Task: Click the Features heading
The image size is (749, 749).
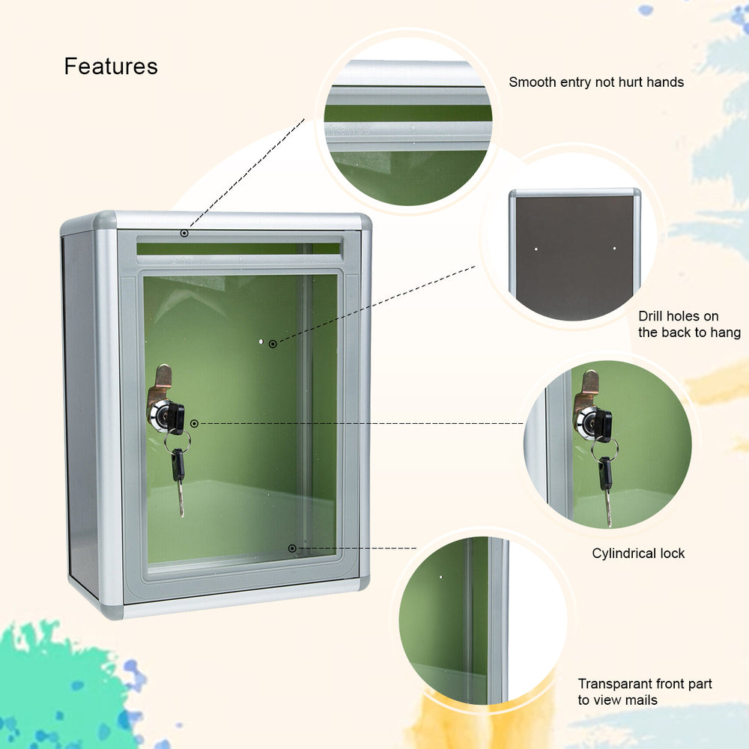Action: (x=111, y=66)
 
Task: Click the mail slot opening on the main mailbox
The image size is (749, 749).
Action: (x=238, y=248)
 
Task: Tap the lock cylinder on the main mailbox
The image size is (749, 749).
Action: (x=163, y=416)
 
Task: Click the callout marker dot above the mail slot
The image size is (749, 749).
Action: (x=184, y=234)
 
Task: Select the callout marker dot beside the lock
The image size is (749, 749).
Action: (x=194, y=424)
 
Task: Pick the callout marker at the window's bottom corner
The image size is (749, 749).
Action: (x=292, y=548)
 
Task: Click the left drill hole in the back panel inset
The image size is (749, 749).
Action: (x=536, y=248)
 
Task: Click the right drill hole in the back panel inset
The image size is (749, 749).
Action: (x=614, y=248)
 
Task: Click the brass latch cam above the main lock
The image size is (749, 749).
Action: (x=160, y=382)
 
